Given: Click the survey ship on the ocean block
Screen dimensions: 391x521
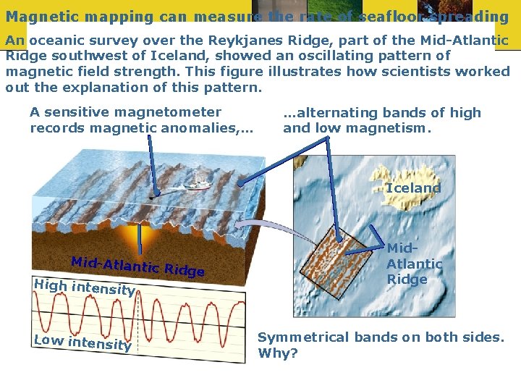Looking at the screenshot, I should pos(196,185).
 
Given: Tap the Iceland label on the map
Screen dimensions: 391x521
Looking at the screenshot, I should pos(413,188).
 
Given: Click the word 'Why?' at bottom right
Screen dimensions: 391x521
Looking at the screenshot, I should pos(274,354).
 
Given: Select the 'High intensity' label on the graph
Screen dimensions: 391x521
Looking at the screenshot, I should pos(84,287).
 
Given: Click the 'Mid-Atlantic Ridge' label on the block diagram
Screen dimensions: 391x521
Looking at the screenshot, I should pos(137,266).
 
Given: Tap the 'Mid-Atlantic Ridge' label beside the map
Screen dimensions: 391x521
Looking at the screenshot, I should pos(414,264).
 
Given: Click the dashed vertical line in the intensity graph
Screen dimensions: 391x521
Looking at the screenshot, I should pos(138,319).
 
